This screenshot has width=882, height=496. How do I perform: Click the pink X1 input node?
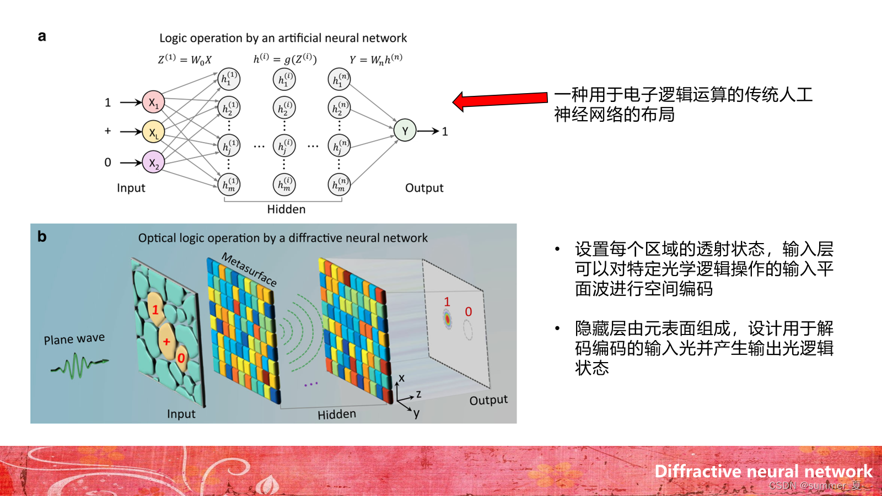click(x=153, y=103)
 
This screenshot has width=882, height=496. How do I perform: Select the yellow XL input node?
click(x=153, y=132)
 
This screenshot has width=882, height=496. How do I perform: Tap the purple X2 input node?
click(x=153, y=163)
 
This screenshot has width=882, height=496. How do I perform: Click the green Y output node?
click(x=405, y=131)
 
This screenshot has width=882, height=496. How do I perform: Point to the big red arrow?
click(x=499, y=100)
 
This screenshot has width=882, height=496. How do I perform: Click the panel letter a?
click(x=42, y=36)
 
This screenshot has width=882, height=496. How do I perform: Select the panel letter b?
click(x=42, y=236)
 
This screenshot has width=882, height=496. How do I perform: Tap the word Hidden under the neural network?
click(x=286, y=209)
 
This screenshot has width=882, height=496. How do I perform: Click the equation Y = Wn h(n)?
click(x=376, y=59)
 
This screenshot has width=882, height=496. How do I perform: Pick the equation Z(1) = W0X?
click(x=185, y=59)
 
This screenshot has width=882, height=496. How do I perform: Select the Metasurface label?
click(x=249, y=269)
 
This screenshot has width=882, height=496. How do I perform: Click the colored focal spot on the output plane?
click(x=448, y=319)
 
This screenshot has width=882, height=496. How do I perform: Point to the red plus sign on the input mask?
click(x=166, y=342)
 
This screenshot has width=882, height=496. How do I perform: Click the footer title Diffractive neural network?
click(x=763, y=471)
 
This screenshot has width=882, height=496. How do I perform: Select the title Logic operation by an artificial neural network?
click(x=283, y=38)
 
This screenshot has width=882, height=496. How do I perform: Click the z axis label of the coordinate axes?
click(x=419, y=394)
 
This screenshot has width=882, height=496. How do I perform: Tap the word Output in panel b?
click(x=488, y=400)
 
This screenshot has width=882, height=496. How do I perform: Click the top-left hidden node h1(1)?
click(x=229, y=79)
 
